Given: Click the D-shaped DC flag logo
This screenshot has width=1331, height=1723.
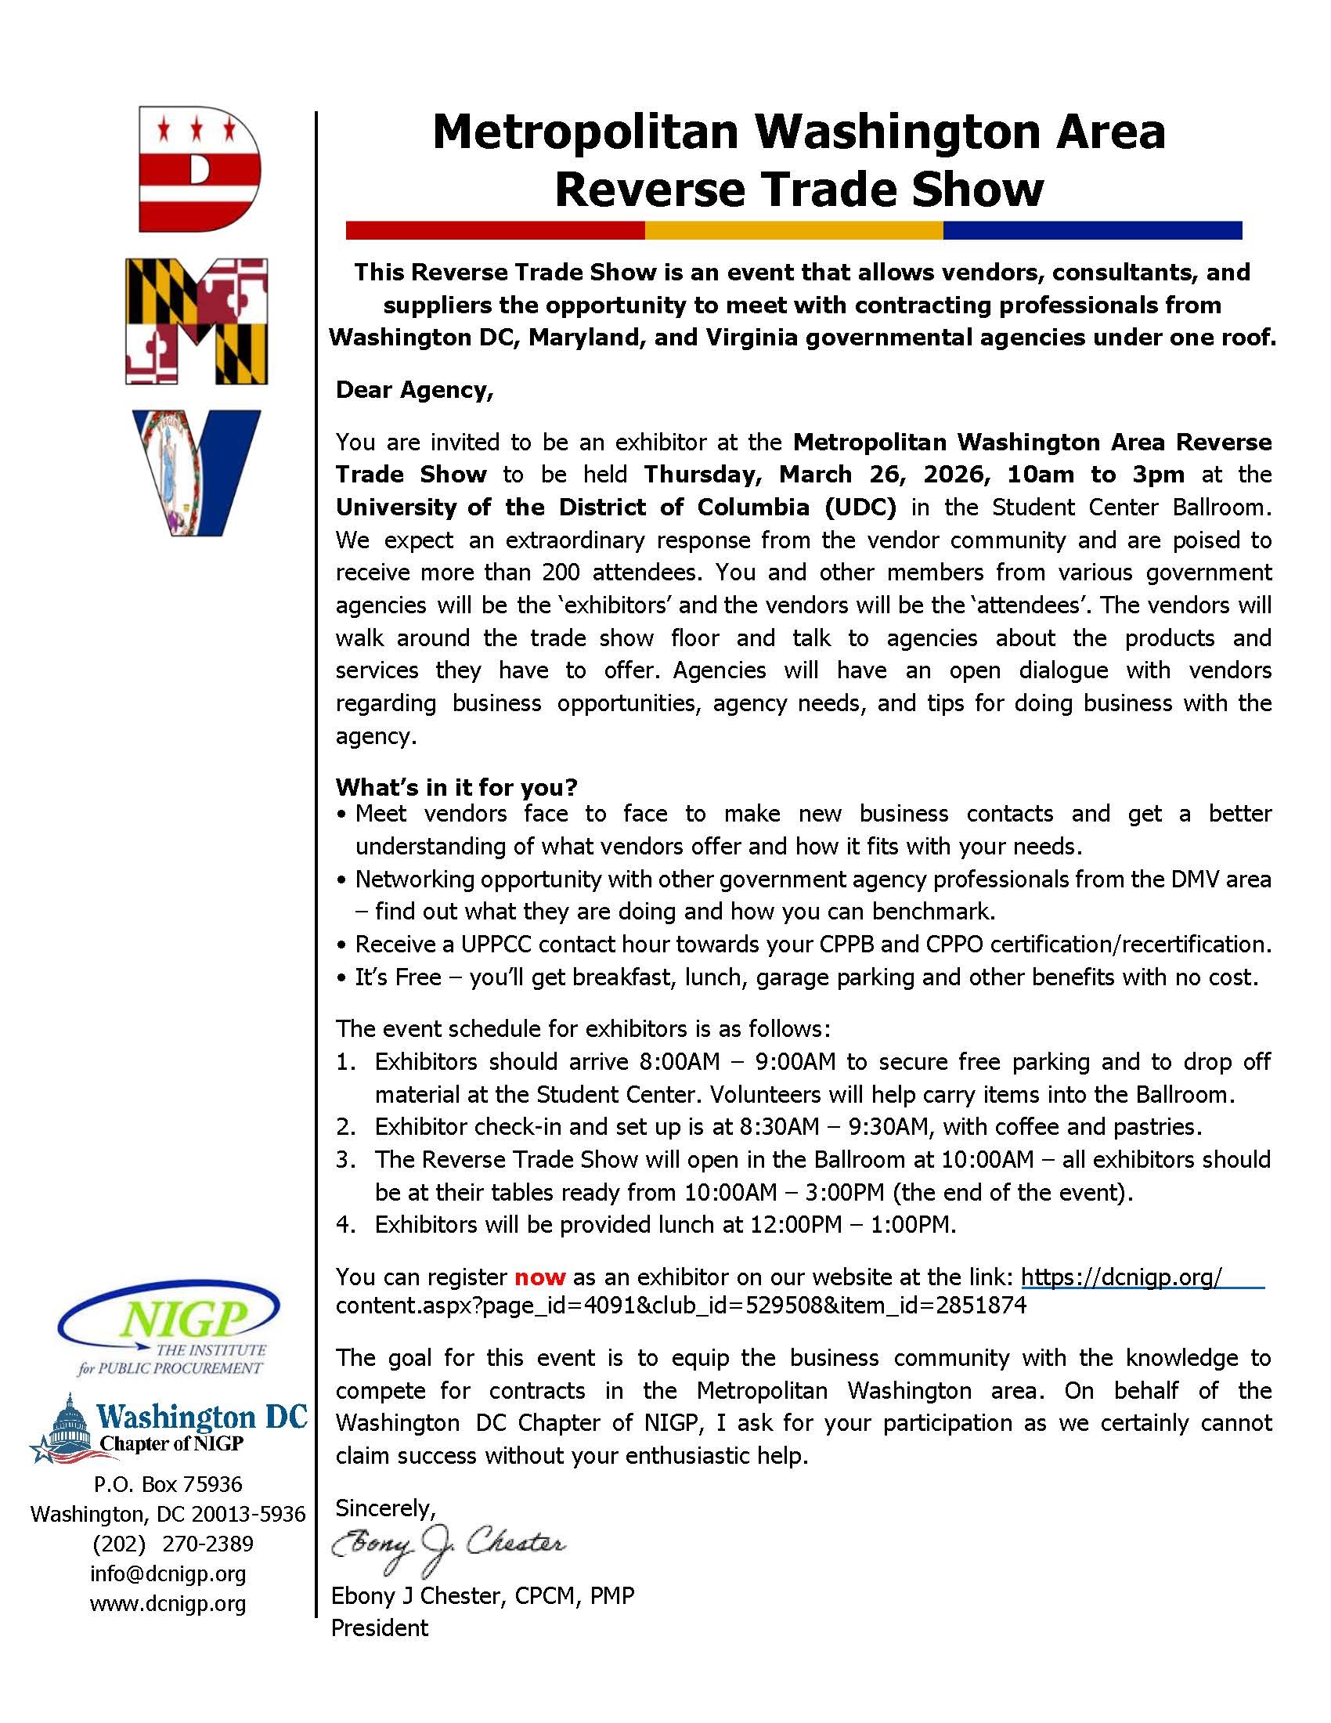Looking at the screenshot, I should [x=198, y=169].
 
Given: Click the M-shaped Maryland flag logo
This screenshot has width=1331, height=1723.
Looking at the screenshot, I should [x=197, y=321].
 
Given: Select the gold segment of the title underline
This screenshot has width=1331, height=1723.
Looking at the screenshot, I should [x=793, y=230].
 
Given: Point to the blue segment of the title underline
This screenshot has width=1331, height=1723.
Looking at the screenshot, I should [x=1092, y=230].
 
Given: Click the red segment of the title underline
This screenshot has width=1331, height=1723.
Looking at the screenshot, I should [x=495, y=230].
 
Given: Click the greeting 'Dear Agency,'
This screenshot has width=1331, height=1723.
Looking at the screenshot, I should [x=414, y=391].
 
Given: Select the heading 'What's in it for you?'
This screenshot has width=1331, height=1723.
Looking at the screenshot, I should [x=456, y=786].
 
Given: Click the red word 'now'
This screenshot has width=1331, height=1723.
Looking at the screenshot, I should [x=540, y=1277].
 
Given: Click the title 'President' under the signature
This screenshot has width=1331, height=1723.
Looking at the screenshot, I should [x=379, y=1627].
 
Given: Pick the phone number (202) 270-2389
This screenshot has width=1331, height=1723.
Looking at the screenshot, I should [x=173, y=1542].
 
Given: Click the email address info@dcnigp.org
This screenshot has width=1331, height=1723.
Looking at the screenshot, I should [x=168, y=1573].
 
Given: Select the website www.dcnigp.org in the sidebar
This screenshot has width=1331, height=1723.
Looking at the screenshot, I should [x=168, y=1603].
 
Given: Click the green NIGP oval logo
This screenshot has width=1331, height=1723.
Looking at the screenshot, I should [x=169, y=1321].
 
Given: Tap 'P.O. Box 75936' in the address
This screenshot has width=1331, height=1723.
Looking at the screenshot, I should [x=168, y=1484].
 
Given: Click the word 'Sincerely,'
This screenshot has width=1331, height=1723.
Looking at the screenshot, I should [x=385, y=1508].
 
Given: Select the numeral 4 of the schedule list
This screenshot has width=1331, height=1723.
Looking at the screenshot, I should [x=344, y=1224].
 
